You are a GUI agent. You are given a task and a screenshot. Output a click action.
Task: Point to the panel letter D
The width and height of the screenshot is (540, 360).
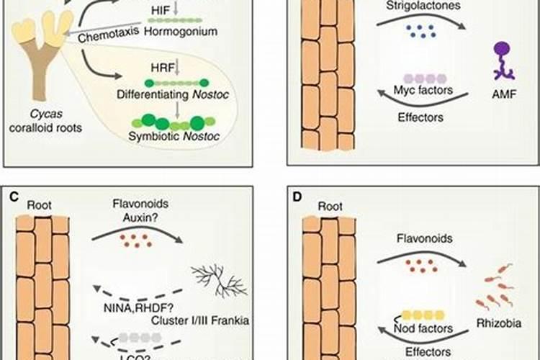[300, 195]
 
